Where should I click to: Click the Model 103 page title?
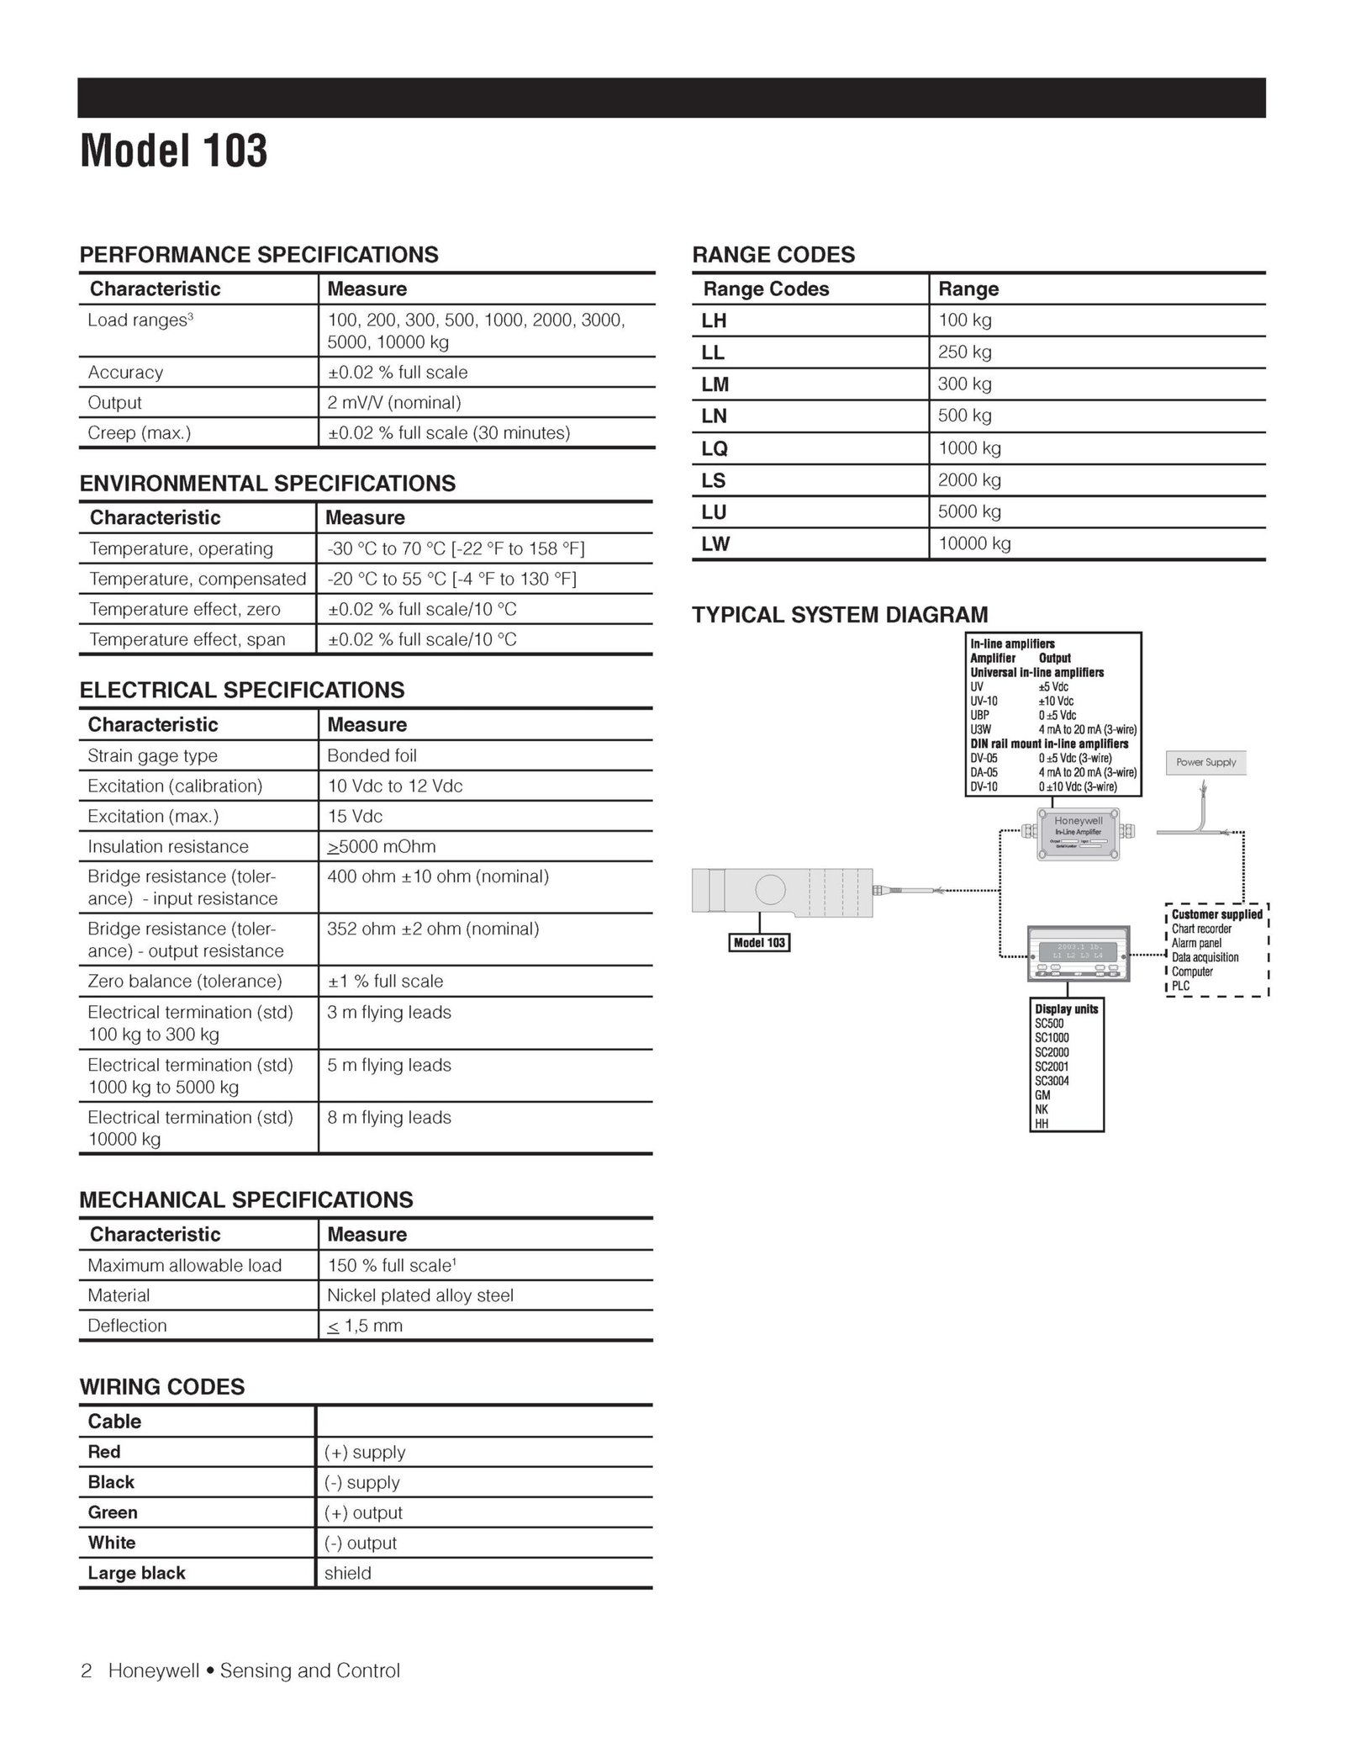[x=173, y=151]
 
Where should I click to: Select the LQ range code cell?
[x=715, y=448]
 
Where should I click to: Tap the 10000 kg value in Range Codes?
[x=974, y=543]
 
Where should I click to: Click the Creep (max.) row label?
[x=140, y=433]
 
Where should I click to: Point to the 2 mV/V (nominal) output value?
[x=393, y=403]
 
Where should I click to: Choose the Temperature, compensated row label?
[x=198, y=579]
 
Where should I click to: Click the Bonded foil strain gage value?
[x=372, y=755]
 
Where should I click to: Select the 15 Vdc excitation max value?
[x=355, y=816]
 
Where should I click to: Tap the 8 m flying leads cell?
[x=388, y=1117]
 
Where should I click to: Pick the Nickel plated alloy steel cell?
[x=419, y=1295]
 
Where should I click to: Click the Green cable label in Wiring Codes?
[x=113, y=1512]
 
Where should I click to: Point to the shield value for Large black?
[x=347, y=1573]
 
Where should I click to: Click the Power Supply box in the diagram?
[x=1205, y=762]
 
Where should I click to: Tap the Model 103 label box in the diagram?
[x=759, y=943]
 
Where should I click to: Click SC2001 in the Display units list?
[x=1052, y=1067]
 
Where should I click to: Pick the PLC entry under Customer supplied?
[x=1180, y=986]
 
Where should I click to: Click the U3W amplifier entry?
[x=980, y=729]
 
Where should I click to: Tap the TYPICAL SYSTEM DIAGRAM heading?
[x=840, y=615]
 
